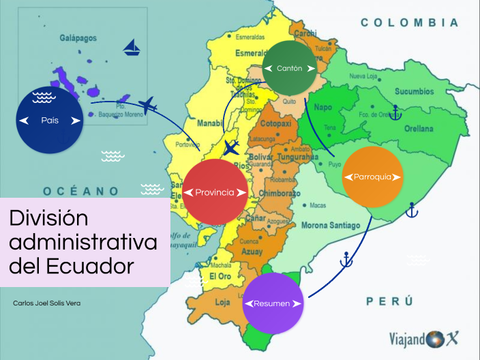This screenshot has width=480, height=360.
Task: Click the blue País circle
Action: [50, 120]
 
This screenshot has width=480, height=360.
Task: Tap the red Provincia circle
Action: [214, 192]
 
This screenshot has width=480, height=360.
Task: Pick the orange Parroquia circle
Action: [372, 177]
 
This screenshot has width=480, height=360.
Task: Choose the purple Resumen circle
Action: [272, 303]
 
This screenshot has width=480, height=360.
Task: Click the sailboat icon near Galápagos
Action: [132, 48]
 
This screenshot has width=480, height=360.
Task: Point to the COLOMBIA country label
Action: [409, 22]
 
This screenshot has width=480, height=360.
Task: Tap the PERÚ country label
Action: [389, 300]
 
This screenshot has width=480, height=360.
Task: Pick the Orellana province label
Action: [417, 128]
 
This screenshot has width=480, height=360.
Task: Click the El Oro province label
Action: [220, 275]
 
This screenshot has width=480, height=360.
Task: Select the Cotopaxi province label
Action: [275, 124]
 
